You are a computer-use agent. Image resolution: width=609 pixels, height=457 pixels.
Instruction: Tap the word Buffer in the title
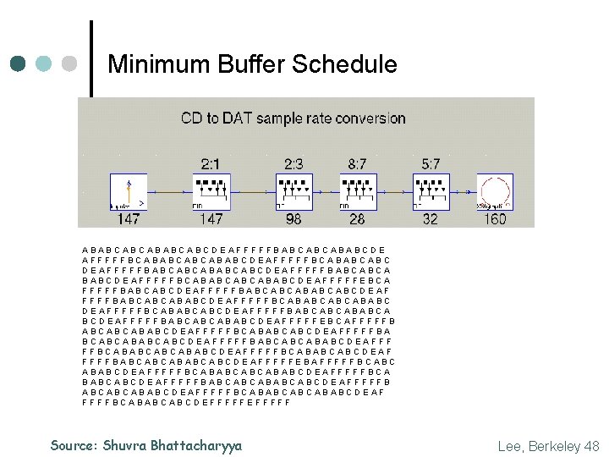[x=245, y=64]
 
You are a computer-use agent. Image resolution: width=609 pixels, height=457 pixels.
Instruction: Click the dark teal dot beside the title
[x=19, y=64]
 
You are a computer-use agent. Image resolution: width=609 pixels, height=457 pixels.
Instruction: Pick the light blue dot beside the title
[x=45, y=64]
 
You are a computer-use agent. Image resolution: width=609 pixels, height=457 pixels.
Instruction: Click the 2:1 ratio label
[x=211, y=162]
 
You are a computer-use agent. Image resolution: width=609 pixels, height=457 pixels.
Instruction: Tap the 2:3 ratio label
[x=294, y=162]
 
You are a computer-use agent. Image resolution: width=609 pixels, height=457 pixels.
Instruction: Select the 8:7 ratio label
[x=358, y=162]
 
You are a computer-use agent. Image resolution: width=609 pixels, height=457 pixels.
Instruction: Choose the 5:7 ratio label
[x=431, y=162]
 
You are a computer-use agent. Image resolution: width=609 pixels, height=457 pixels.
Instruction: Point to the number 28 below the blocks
[x=358, y=219]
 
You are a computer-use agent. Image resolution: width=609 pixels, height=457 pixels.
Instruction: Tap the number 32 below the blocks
[x=431, y=219]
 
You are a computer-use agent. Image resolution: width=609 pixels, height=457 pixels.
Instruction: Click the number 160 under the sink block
[x=496, y=219]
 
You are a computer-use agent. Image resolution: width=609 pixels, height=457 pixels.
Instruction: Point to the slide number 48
[x=590, y=445]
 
